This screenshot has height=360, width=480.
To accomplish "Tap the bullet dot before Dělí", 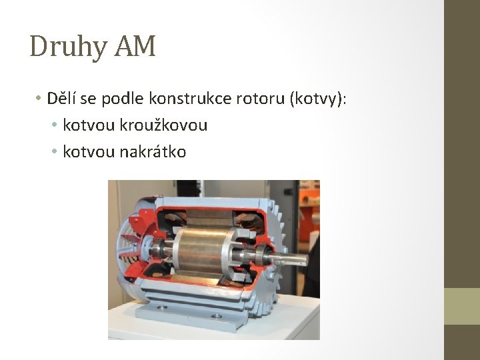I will click(x=39, y=99).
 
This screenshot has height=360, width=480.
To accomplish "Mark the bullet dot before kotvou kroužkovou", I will click(x=55, y=125).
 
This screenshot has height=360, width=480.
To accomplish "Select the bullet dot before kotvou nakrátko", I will click(x=55, y=152).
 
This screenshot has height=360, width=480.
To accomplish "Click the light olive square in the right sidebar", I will click(x=462, y=306).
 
